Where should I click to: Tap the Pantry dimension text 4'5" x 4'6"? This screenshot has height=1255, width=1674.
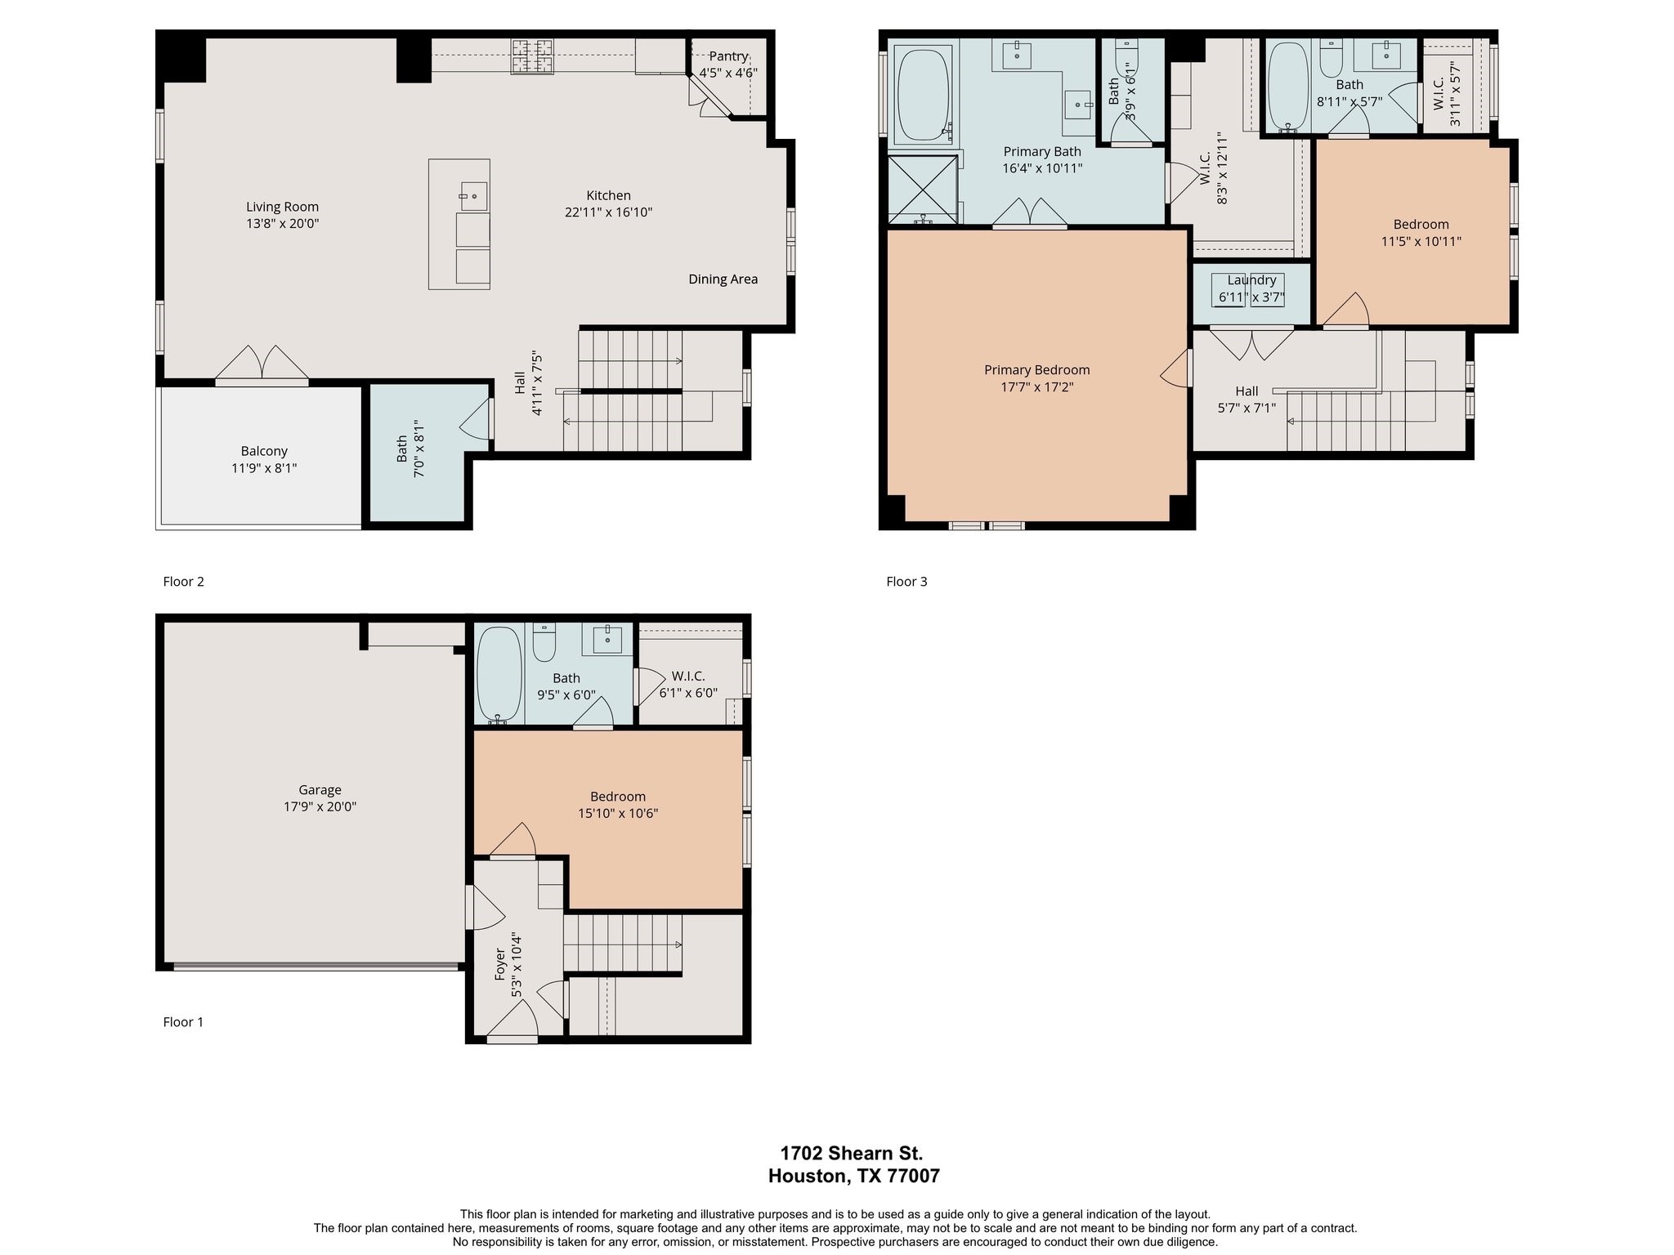tap(727, 73)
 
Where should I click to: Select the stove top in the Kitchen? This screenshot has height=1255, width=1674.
tap(532, 56)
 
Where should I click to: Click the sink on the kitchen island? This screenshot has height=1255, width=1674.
tap(473, 196)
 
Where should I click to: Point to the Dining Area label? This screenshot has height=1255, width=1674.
tap(723, 279)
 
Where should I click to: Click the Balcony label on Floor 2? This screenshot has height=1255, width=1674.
tap(264, 451)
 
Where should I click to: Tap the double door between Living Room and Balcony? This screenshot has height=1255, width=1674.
tap(262, 364)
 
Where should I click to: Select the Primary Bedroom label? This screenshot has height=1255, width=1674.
tap(1036, 370)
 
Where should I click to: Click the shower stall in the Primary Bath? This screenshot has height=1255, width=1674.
tap(922, 190)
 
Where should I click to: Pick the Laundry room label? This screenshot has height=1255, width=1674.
tap(1251, 280)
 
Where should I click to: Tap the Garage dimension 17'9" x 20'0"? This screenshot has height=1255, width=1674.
tap(320, 807)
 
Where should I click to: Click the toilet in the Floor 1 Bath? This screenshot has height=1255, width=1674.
tap(544, 642)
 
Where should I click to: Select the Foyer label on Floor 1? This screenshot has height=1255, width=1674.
tap(500, 964)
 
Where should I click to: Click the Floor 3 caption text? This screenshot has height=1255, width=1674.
tap(906, 582)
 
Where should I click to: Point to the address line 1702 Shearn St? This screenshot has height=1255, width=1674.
tap(851, 1154)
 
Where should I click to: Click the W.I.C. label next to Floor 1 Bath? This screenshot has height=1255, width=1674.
tap(688, 677)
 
